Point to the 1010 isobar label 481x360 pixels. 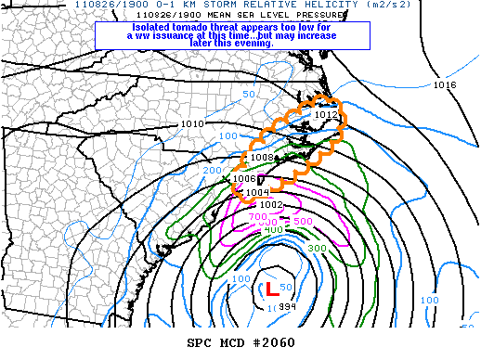point(192,123)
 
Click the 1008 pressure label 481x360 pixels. point(260,158)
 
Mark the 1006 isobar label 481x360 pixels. point(243,178)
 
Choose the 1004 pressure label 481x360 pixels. point(257,192)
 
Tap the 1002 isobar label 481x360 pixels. point(271,204)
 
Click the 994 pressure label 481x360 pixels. point(278,307)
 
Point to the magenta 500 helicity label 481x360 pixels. point(303,221)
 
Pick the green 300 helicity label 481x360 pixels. point(318,249)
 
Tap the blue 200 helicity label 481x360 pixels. point(213,171)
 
